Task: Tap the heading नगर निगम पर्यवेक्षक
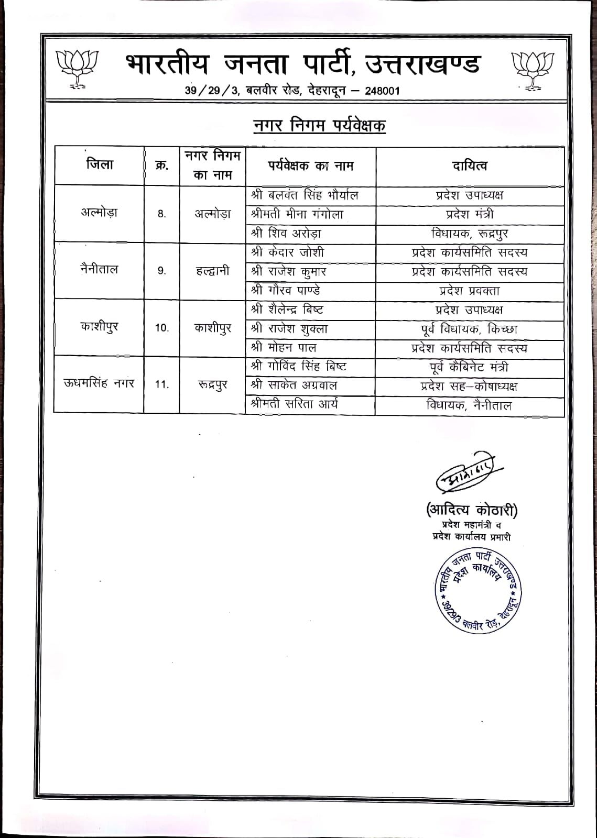pyautogui.click(x=319, y=126)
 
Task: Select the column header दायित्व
pyautogui.click(x=470, y=166)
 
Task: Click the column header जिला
pyautogui.click(x=100, y=165)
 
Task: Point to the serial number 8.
pyautogui.click(x=161, y=214)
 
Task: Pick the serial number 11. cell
pyautogui.click(x=161, y=384)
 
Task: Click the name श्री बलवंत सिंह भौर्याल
pyautogui.click(x=305, y=195)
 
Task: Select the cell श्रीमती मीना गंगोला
pyautogui.click(x=297, y=214)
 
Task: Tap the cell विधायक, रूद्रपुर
pyautogui.click(x=469, y=234)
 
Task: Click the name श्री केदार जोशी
pyautogui.click(x=288, y=252)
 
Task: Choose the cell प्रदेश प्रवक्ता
pyautogui.click(x=469, y=291)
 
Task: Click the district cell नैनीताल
pyautogui.click(x=100, y=270)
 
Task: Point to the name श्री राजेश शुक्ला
pyautogui.click(x=289, y=329)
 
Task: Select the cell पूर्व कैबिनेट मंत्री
pyautogui.click(x=469, y=367)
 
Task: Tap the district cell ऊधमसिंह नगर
pyautogui.click(x=99, y=383)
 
